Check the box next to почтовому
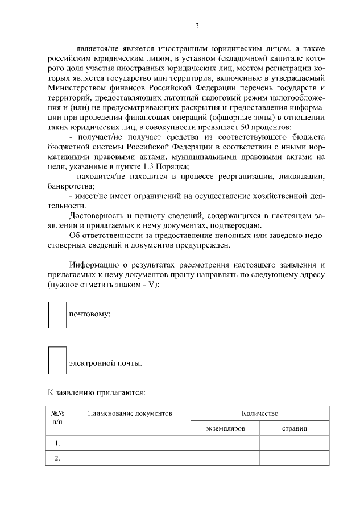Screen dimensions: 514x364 (x=57, y=314)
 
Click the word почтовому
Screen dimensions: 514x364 (x=89, y=315)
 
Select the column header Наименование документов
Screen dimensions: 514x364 (x=130, y=413)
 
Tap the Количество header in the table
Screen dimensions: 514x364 (x=259, y=413)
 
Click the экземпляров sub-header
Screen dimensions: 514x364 (x=225, y=428)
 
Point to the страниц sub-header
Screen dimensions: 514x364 (x=295, y=428)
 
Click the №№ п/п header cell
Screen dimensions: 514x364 (x=57, y=418)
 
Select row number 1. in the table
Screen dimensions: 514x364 (x=57, y=443)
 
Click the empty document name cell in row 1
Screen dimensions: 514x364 (x=130, y=443)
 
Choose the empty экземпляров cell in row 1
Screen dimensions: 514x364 (x=225, y=443)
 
